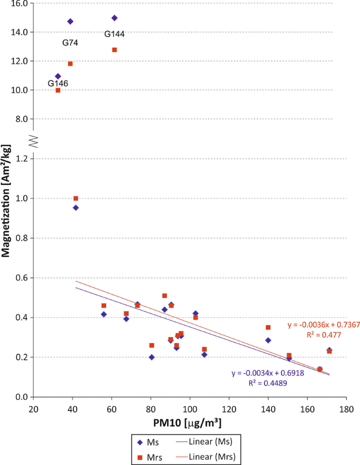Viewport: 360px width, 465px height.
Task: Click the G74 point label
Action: click(x=70, y=43)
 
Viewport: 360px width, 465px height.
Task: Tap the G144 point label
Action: click(x=114, y=34)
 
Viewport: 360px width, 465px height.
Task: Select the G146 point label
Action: click(x=58, y=84)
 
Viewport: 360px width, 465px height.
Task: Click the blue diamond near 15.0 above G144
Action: click(x=115, y=18)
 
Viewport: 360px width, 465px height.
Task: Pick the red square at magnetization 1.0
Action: click(x=76, y=199)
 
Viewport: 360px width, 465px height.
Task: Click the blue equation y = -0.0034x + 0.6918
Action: click(x=266, y=374)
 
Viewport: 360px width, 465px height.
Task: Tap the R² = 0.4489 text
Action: click(x=266, y=383)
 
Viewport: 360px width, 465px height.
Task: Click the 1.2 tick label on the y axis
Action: click(x=22, y=159)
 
